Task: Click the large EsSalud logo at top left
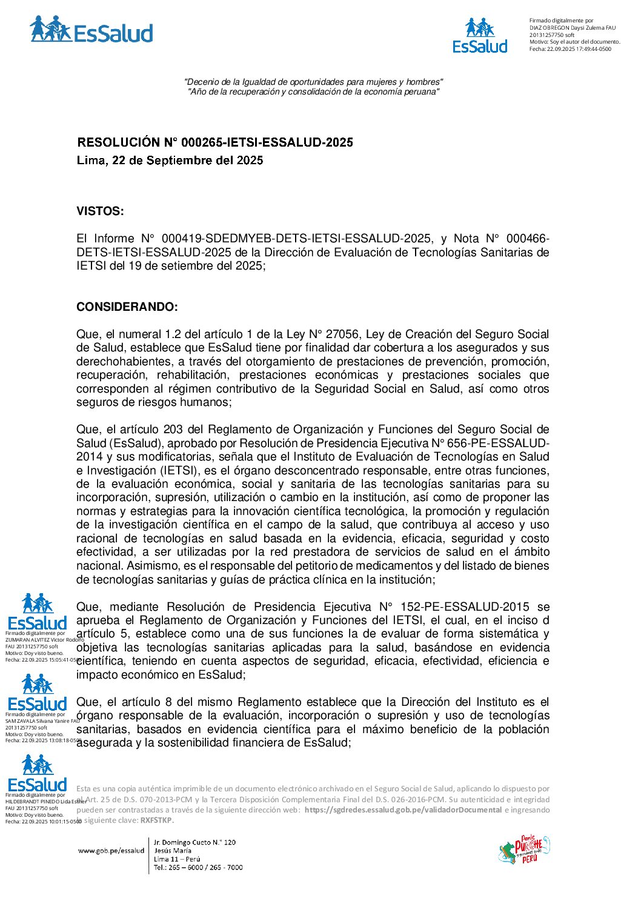91,30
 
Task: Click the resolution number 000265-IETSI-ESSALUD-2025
267,142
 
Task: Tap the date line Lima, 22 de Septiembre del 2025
170,161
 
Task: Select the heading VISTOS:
100,211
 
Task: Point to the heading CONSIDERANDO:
127,307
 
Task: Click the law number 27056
344,334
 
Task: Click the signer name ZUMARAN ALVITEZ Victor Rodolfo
44,640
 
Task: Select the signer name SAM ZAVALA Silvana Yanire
42,721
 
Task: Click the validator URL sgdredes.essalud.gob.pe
403,810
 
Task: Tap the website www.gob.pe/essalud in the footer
111,851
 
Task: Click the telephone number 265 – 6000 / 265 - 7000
198,868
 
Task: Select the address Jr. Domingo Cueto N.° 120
194,842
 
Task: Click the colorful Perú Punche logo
524,849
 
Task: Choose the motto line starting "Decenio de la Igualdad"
313,82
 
